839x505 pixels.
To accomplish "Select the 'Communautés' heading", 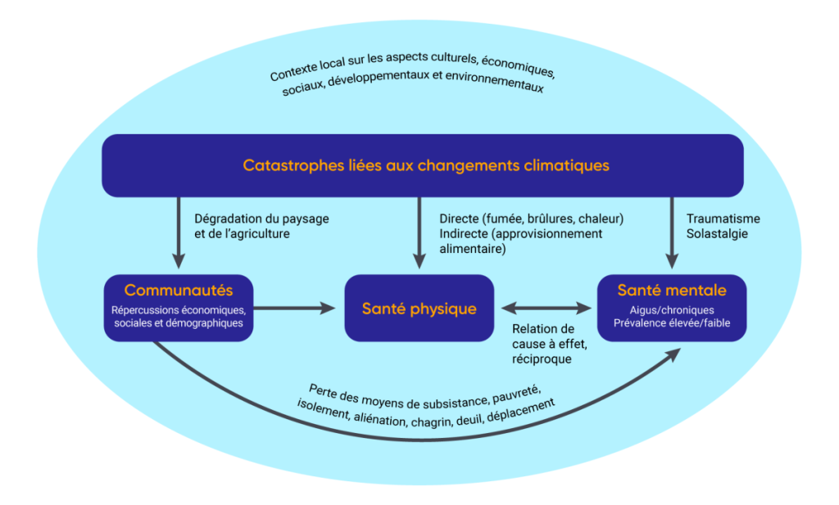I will click(x=179, y=291).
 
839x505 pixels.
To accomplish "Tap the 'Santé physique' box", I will click(x=419, y=309).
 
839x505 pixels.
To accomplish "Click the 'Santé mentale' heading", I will click(x=671, y=291).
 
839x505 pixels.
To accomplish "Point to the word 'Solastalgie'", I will click(x=718, y=233).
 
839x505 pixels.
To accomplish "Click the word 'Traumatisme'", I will click(x=723, y=219).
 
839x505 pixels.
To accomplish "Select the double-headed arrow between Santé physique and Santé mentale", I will click(x=546, y=309).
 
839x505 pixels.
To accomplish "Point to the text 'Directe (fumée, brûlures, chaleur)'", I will click(x=531, y=219).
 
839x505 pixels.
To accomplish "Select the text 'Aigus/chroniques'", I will click(x=672, y=310).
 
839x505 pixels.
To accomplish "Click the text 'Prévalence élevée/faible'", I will click(x=672, y=323).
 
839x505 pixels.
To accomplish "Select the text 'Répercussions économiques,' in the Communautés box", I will click(x=179, y=310).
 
